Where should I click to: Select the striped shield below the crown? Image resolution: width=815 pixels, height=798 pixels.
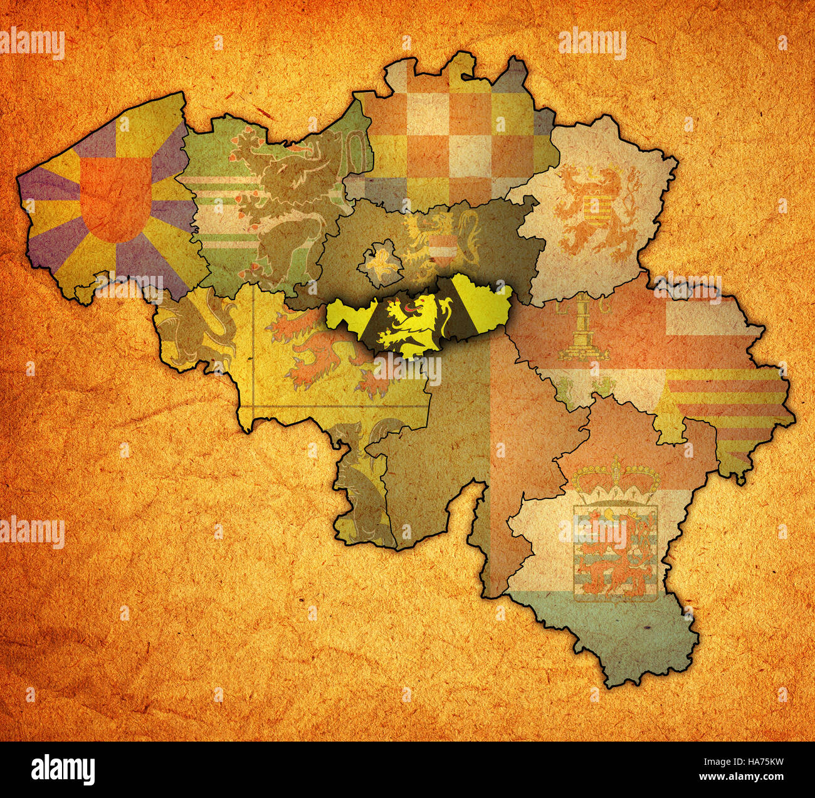(x=614, y=552)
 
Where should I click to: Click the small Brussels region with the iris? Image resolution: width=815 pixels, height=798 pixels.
(x=380, y=263)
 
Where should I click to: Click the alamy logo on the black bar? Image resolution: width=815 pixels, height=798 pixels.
(x=63, y=769)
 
